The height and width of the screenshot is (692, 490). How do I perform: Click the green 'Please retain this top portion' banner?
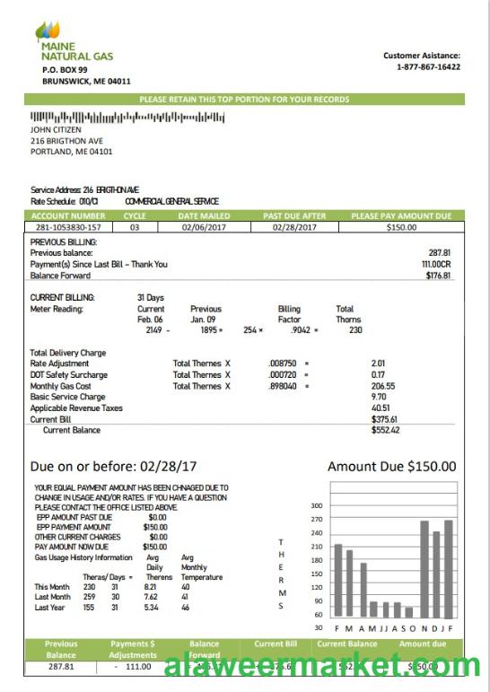click(244, 100)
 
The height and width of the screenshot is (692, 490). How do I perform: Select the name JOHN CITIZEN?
click(56, 129)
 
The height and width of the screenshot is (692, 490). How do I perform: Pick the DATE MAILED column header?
click(204, 216)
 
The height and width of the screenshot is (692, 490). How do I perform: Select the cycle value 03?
click(135, 228)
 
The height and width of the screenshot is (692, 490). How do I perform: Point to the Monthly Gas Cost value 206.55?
click(383, 386)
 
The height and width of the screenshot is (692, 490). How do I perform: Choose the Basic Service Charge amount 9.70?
click(380, 397)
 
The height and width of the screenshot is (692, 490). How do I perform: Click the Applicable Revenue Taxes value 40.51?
click(381, 407)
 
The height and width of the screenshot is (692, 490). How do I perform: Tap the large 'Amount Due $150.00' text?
click(391, 467)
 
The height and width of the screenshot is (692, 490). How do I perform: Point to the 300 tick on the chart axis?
click(317, 505)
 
